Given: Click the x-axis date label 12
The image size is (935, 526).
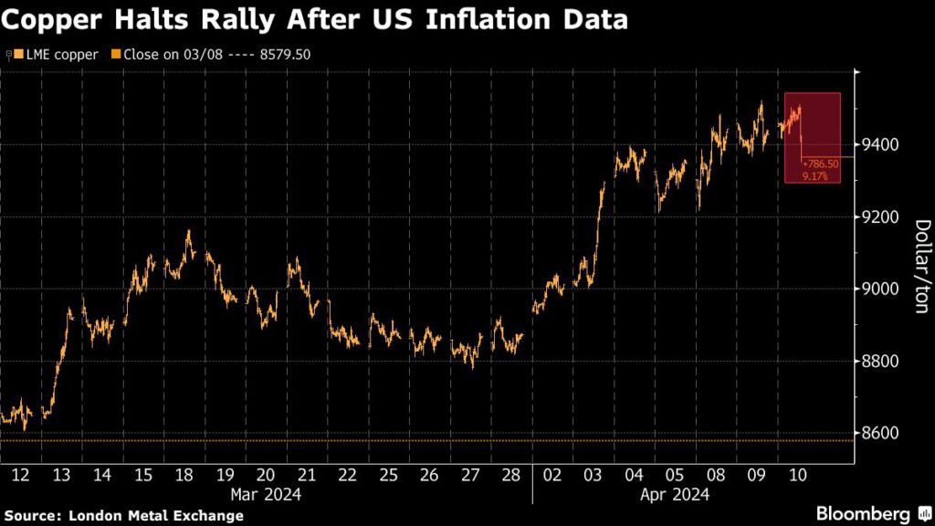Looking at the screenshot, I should click(21, 475).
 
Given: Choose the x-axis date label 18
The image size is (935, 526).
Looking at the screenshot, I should click(184, 475).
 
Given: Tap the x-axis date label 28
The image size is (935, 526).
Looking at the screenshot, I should click(511, 475).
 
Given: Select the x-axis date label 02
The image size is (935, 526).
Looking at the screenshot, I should click(552, 475).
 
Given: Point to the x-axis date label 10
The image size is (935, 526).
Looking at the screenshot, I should click(796, 475).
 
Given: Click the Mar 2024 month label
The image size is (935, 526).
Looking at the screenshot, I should click(266, 494).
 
